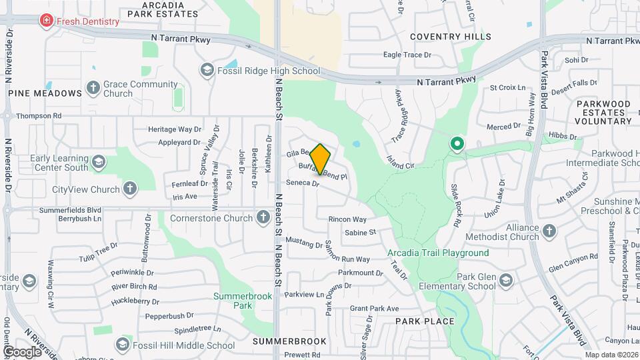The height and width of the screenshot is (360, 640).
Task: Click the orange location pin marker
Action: (321, 159)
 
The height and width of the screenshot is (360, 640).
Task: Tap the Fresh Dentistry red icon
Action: (46, 21)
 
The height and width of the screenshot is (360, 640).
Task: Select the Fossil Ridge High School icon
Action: (207, 70)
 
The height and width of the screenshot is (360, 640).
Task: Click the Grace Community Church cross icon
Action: (93, 88)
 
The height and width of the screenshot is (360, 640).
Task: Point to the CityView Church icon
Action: (130, 189)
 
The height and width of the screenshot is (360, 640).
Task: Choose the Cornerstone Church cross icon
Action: (263, 217)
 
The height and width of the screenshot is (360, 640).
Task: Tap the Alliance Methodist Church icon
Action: (549, 231)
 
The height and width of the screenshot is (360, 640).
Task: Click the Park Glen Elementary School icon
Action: (505, 279)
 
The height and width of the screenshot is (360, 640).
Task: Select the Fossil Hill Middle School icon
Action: (122, 344)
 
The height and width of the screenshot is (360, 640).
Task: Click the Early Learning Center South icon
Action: (99, 162)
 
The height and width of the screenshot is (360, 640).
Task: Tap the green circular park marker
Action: (457, 143)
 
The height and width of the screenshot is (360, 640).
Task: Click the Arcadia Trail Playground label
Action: (438, 253)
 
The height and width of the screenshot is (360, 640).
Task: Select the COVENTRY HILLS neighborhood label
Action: (451, 37)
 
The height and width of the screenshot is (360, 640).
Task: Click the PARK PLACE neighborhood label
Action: (425, 321)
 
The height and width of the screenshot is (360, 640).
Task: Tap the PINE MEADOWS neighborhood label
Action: (40, 94)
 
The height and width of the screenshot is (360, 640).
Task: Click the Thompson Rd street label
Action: (39, 116)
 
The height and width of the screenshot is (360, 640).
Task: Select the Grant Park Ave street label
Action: (374, 309)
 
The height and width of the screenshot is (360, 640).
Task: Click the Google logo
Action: (22, 351)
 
